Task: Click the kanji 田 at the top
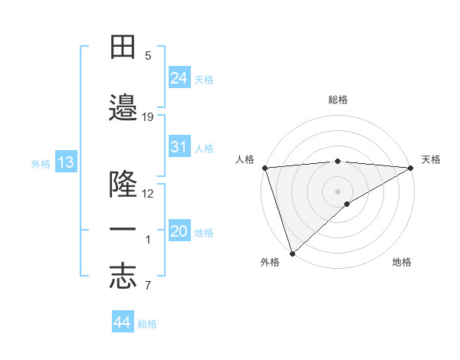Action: (x=123, y=47)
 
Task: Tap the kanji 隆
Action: (x=123, y=185)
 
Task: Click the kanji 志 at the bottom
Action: (x=123, y=277)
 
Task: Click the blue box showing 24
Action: (x=179, y=77)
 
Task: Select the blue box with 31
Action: (x=179, y=147)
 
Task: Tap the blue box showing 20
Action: (x=179, y=231)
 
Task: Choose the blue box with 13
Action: (x=65, y=162)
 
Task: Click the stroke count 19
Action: (x=148, y=117)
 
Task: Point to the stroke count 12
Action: (x=148, y=194)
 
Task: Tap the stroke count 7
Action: (x=148, y=286)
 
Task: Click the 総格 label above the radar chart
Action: (x=337, y=100)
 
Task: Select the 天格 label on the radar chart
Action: (x=431, y=159)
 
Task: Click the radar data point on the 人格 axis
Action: (x=264, y=168)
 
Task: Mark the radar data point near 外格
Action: (x=292, y=254)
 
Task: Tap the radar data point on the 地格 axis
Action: (x=347, y=204)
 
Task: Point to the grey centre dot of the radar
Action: (x=337, y=191)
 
